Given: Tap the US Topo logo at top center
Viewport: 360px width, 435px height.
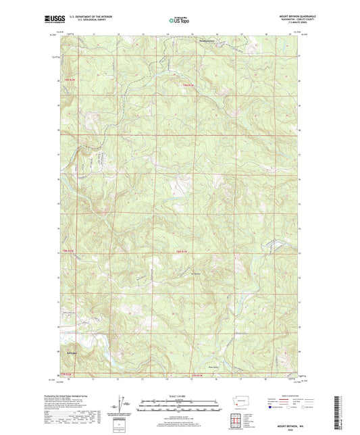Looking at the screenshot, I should [x=179, y=20].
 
